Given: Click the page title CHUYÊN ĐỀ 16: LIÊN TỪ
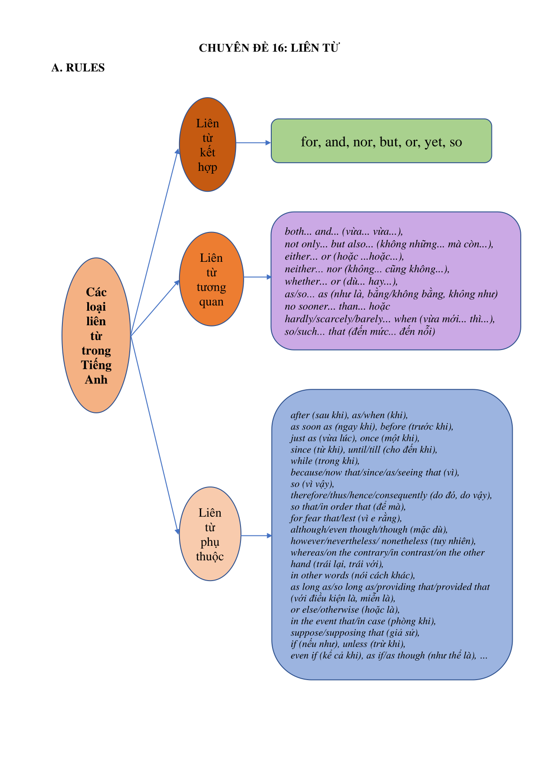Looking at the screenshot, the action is [x=269, y=48].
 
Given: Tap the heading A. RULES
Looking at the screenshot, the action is [x=78, y=68].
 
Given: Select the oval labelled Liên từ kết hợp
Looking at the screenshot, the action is [x=208, y=144].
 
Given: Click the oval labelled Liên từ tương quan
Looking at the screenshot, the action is [x=211, y=279].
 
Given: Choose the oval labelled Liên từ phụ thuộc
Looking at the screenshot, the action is [x=210, y=534].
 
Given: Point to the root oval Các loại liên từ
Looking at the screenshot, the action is [x=96, y=336].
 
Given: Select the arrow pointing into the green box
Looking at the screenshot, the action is [x=253, y=143].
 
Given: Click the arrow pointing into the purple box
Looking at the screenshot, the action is [x=258, y=277].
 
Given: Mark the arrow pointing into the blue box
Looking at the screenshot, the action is [x=256, y=536].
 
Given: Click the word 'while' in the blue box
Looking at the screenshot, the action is [x=301, y=461].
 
